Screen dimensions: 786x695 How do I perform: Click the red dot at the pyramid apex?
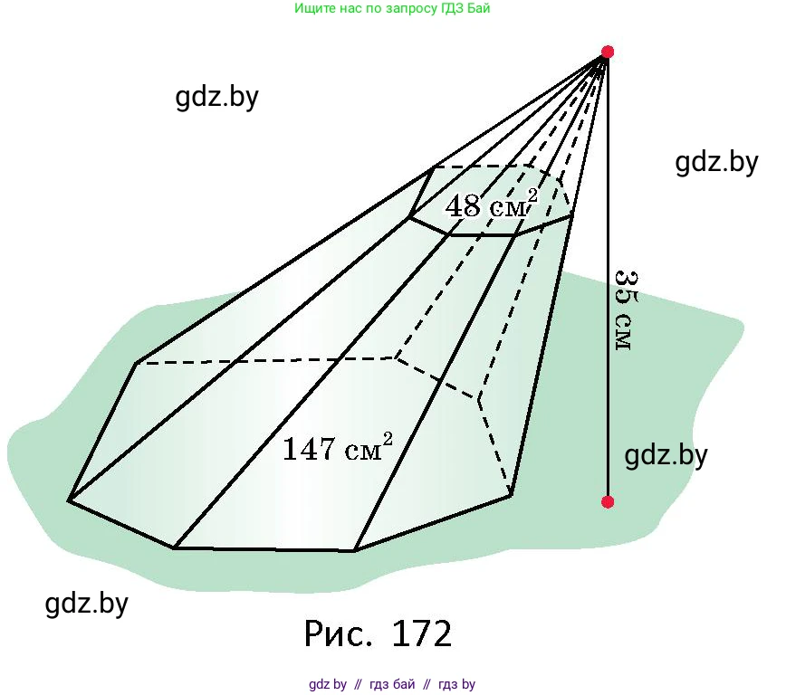pyautogui.click(x=607, y=52)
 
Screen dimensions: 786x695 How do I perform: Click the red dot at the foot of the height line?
pyautogui.click(x=607, y=501)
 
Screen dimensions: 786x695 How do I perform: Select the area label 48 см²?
pyautogui.click(x=491, y=204)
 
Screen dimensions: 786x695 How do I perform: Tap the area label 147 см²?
pyautogui.click(x=338, y=446)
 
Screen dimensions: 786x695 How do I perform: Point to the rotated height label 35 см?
pyautogui.click(x=626, y=310)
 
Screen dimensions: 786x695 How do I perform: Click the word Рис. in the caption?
pyautogui.click(x=339, y=633)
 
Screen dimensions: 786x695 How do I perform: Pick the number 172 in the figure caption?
pyautogui.click(x=422, y=633)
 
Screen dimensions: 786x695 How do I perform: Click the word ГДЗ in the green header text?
pyautogui.click(x=452, y=8)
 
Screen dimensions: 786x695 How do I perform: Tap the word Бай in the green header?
pyautogui.click(x=478, y=8)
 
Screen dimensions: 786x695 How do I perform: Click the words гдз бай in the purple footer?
pyautogui.click(x=392, y=684)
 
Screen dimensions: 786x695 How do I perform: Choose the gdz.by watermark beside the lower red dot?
pyautogui.click(x=666, y=455)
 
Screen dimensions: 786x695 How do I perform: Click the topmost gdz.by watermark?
pyautogui.click(x=216, y=97)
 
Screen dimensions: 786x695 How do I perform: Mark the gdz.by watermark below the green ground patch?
pyautogui.click(x=87, y=604)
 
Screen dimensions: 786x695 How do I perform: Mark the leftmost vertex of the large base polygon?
pyautogui.click(x=69, y=500)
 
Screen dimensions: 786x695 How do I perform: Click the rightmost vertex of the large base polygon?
pyautogui.click(x=511, y=496)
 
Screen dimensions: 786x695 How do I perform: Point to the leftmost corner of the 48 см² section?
pyautogui.click(x=409, y=217)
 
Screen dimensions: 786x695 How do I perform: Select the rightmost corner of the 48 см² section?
pyautogui.click(x=572, y=216)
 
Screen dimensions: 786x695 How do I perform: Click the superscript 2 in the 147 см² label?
pyautogui.click(x=388, y=438)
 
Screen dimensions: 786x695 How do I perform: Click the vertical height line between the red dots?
pyautogui.click(x=607, y=277)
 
